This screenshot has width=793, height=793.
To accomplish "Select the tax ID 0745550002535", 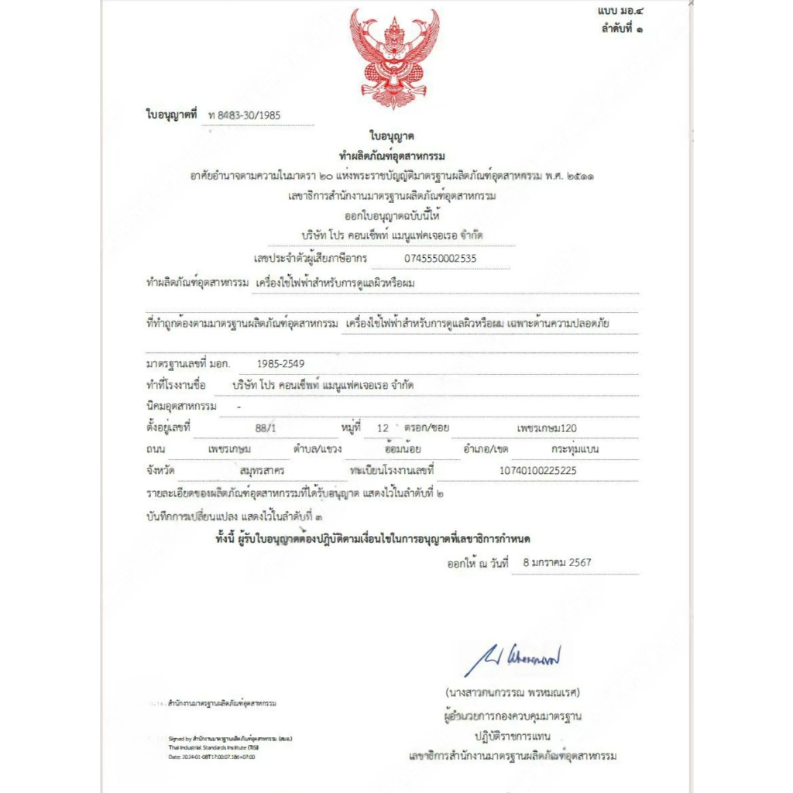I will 441,258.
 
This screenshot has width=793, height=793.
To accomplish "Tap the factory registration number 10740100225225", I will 538,470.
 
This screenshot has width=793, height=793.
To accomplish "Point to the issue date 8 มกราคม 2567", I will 557,563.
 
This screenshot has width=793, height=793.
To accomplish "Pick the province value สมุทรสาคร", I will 263,470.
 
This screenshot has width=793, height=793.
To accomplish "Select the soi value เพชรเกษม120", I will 547,427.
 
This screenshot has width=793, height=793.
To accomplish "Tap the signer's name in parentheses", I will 513,692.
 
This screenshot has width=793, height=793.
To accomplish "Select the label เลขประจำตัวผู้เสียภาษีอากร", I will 310,258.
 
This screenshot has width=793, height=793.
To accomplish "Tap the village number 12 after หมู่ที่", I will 381,427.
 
